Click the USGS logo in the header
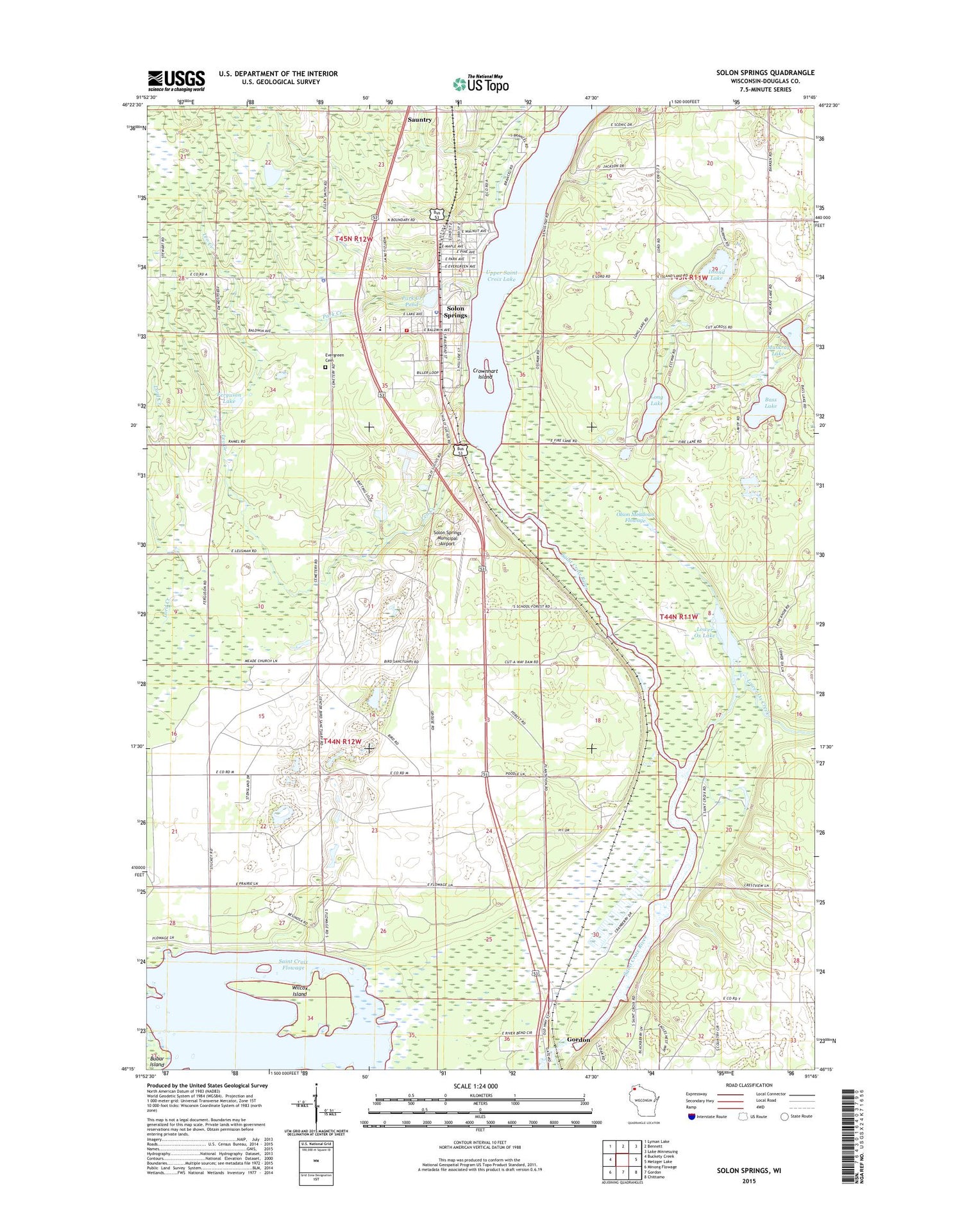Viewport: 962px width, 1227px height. (176, 81)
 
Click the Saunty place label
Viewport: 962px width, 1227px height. (420, 119)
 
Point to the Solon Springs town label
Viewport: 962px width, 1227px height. (455, 312)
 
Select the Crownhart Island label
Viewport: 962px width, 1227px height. (485, 373)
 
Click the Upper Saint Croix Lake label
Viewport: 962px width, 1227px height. (502, 276)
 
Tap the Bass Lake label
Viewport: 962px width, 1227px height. (771, 403)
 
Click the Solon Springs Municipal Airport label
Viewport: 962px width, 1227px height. (447, 538)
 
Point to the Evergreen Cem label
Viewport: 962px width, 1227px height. (334, 357)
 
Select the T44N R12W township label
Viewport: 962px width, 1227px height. (342, 741)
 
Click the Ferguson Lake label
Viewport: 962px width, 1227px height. (229, 397)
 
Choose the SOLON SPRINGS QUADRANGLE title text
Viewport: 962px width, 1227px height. (765, 73)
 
